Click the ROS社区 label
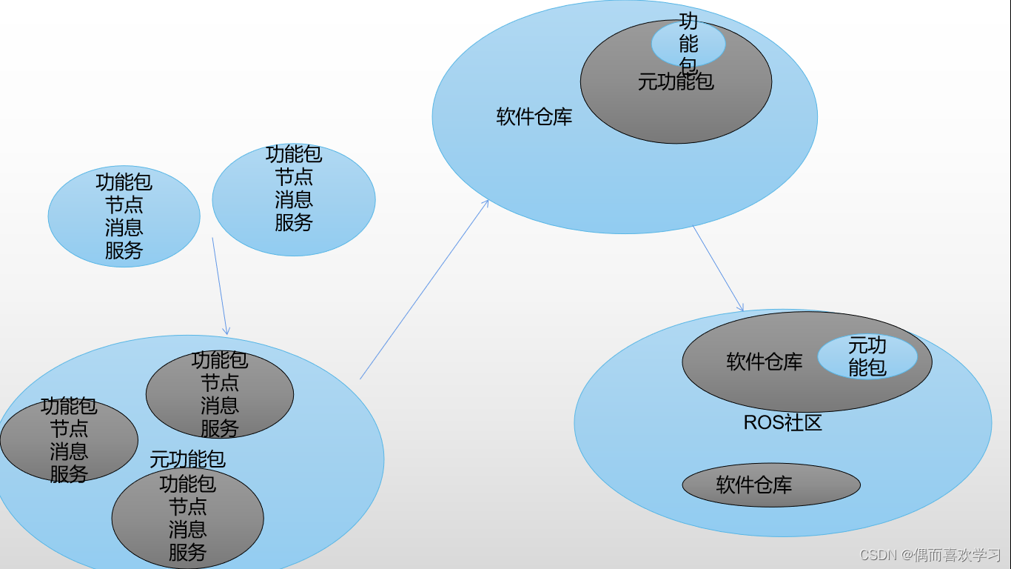(x=782, y=423)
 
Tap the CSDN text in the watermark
(x=878, y=555)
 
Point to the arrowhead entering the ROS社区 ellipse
(x=742, y=308)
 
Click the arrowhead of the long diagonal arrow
(x=486, y=202)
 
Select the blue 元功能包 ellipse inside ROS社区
(x=867, y=356)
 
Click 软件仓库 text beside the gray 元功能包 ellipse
(x=534, y=117)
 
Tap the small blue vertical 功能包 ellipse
(x=688, y=44)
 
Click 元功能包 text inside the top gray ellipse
(x=676, y=81)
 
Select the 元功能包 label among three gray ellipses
(x=187, y=459)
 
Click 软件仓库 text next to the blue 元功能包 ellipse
(x=764, y=362)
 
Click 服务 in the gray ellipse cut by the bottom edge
(x=187, y=552)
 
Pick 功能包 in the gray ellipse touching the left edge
(x=69, y=406)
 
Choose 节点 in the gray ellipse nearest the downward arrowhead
(x=220, y=383)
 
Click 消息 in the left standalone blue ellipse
(x=124, y=227)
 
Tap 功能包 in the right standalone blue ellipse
(x=294, y=154)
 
